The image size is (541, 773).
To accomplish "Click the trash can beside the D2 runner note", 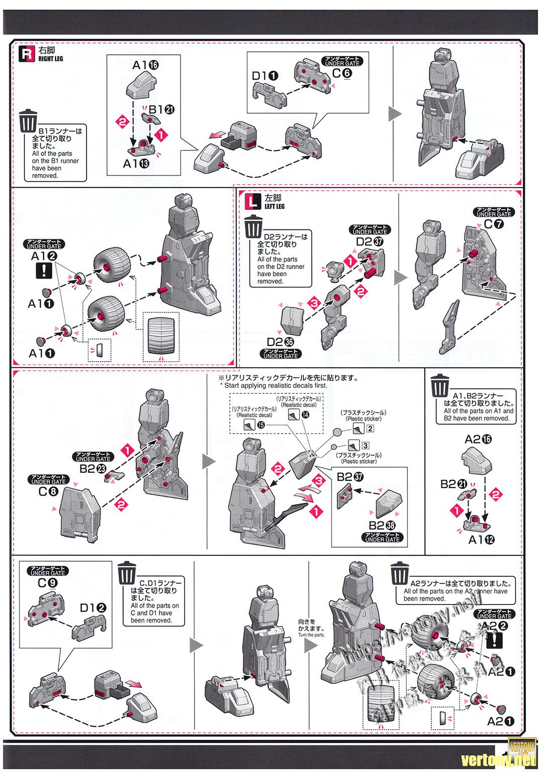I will tap(254, 227).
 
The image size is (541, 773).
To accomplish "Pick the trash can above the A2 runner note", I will tap(399, 573).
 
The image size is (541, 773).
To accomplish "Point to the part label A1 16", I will tap(146, 65).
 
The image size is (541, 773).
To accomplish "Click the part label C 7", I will tap(493, 225).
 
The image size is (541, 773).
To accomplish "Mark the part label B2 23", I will tap(93, 469).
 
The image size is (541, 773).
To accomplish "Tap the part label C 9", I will tap(47, 583).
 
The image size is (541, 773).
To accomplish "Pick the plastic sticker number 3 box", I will tap(365, 446).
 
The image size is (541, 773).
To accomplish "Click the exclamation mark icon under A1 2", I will tap(47, 271).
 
